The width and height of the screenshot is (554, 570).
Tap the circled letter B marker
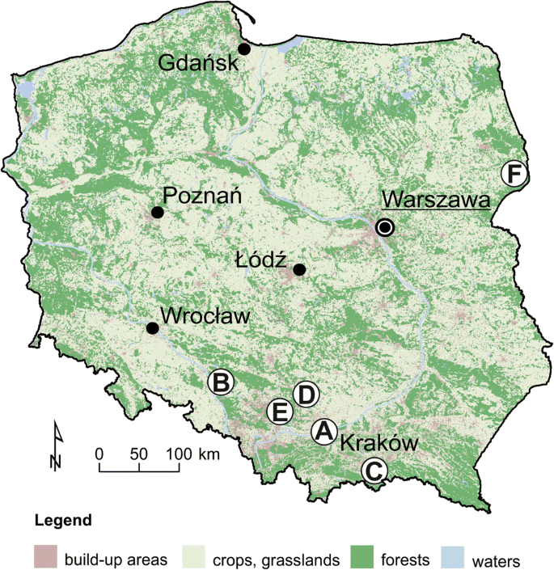221,382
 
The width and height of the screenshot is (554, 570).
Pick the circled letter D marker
305,395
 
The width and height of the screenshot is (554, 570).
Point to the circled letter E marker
279,412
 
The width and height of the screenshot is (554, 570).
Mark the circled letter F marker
514,174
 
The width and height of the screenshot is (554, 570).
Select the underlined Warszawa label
436,199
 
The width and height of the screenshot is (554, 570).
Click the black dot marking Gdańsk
244,49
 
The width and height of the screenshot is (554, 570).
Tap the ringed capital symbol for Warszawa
386,228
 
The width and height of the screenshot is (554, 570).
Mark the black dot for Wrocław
151,327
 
